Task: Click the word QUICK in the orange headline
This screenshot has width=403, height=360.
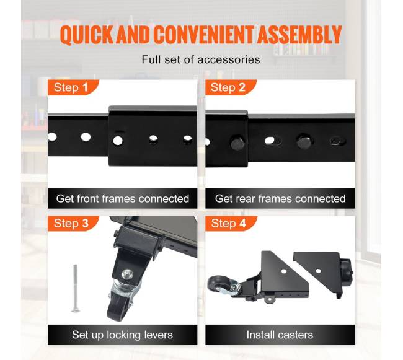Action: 87,35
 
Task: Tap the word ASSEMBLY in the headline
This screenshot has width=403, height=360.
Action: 299,34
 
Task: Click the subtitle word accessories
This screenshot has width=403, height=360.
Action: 229,60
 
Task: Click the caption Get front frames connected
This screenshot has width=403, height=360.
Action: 123,198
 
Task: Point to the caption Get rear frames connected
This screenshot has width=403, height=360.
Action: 280,198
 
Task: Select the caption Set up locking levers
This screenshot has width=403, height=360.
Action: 122,335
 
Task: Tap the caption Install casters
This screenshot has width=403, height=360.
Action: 280,335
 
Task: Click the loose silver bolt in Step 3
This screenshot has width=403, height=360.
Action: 75,288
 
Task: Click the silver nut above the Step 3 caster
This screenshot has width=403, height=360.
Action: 128,274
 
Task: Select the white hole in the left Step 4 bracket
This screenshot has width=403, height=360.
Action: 284,271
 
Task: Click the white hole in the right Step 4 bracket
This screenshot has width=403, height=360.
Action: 318,271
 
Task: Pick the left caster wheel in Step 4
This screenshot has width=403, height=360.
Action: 218,285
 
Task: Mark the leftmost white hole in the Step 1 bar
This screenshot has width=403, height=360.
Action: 52,137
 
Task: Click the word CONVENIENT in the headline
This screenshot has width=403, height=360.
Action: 204,35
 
